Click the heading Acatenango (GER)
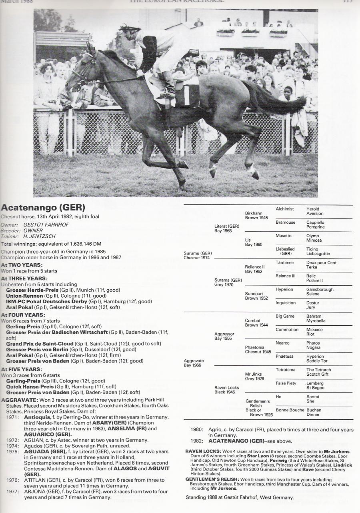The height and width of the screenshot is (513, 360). pos(43,208)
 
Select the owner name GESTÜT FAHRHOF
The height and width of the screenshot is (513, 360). pos(46,225)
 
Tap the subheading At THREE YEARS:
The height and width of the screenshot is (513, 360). pos(24,279)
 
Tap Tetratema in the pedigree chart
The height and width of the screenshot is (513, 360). pos(286,370)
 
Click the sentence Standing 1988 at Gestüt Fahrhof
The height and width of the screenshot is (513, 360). pos(240,497)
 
